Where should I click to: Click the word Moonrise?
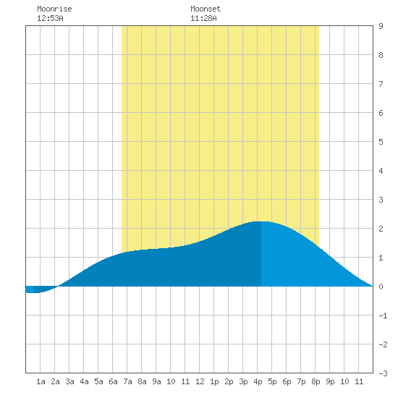point(54,9)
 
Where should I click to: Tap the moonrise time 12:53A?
point(50,18)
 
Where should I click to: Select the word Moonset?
point(206,9)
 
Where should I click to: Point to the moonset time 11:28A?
point(203,18)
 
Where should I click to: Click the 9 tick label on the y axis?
point(381,26)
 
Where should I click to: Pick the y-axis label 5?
point(381,142)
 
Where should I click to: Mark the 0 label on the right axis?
point(381,287)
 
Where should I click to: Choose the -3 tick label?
point(383,373)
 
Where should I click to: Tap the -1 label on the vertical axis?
point(383,316)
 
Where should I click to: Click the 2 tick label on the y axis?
point(381,229)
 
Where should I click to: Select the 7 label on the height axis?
point(381,84)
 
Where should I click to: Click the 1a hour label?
point(41,381)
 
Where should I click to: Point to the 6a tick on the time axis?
point(113,381)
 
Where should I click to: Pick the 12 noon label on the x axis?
point(200,381)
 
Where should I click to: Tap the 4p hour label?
point(258,381)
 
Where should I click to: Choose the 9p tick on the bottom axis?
point(330,381)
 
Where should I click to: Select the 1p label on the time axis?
point(214,381)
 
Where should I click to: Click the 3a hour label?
point(69,381)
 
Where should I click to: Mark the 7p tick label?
point(301,381)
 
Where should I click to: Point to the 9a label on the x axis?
point(156,381)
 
